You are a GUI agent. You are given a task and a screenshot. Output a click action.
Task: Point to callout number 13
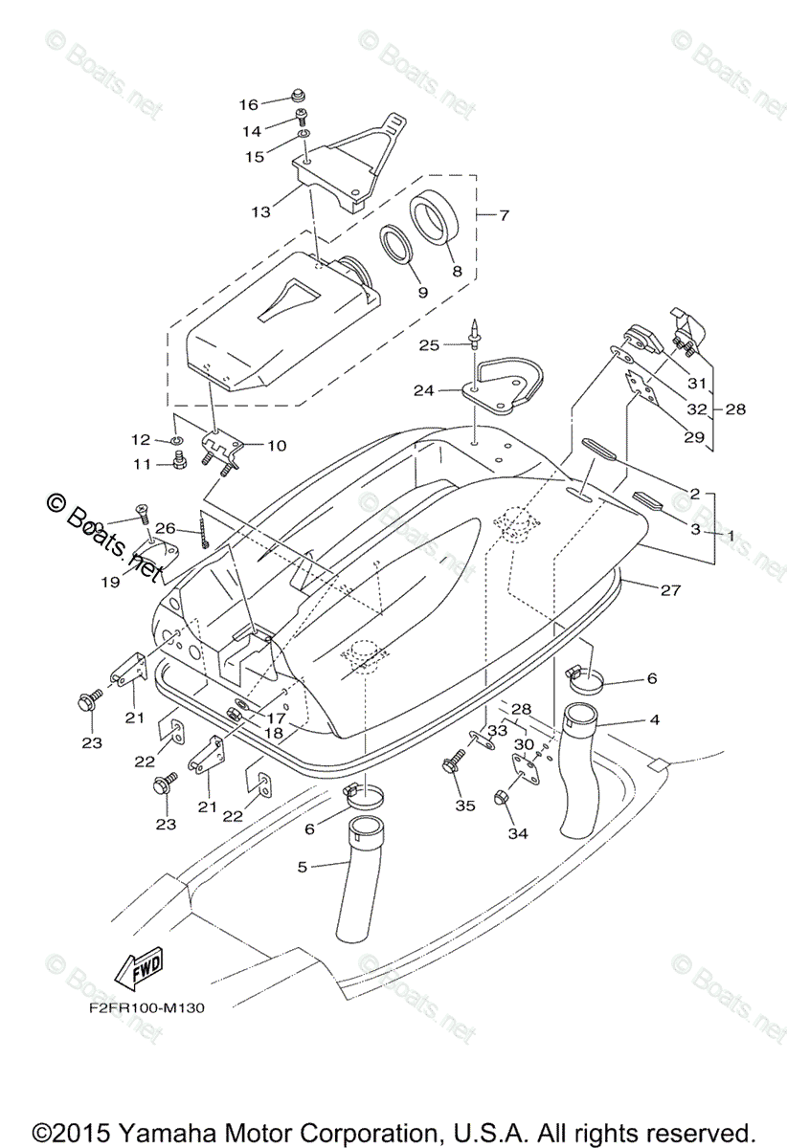260,211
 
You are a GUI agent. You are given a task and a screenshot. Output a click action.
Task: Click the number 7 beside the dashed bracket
504,214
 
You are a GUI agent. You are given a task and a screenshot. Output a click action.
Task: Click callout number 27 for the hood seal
670,590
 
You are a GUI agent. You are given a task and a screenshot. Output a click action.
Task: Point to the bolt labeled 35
449,767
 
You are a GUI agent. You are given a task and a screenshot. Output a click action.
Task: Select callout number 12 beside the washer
141,439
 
